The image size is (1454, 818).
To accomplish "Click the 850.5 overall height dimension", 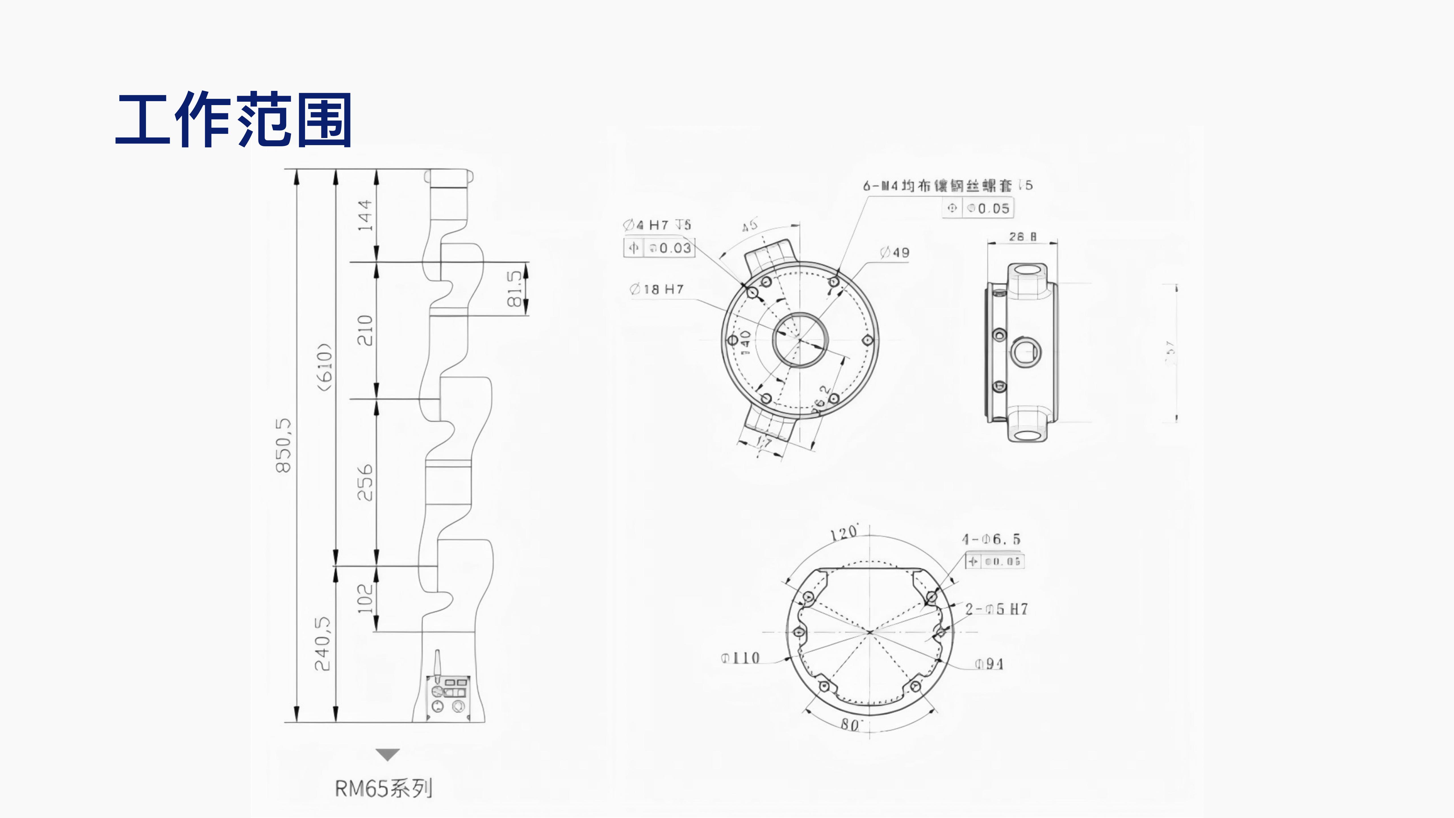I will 283,445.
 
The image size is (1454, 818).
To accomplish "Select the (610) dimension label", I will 325,367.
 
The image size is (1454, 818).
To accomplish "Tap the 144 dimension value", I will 365,215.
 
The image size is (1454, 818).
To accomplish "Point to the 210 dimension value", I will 365,330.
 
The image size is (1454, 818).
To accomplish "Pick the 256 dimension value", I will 365,483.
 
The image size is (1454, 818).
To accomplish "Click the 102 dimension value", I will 365,598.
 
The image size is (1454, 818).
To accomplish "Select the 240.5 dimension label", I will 322,644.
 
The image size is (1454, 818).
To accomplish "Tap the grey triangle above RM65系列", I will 388,754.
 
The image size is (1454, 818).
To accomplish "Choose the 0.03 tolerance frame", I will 659,248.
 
